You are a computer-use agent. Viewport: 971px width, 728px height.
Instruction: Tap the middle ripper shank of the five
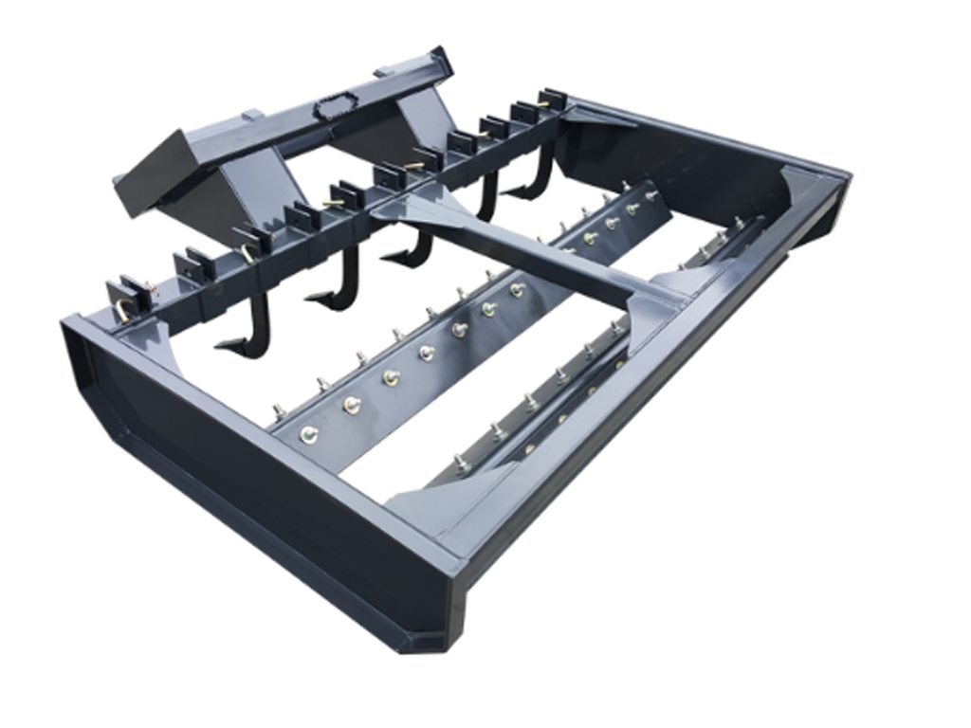click(x=409, y=248)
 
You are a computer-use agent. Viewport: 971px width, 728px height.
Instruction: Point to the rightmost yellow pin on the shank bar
click(x=545, y=104)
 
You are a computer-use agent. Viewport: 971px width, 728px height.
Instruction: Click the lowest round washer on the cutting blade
click(x=308, y=434)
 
